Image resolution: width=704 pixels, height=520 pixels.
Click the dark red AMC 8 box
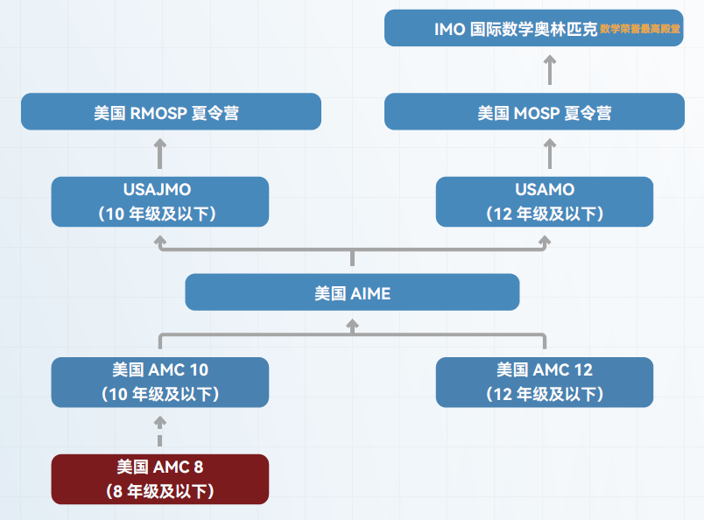point(159,479)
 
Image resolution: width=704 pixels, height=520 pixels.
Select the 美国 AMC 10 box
point(159,382)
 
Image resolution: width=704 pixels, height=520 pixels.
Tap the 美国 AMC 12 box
point(544,382)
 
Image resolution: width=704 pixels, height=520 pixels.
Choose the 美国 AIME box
point(352,293)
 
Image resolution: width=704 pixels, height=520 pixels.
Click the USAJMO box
point(159,201)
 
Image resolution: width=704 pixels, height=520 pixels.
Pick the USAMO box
point(544,201)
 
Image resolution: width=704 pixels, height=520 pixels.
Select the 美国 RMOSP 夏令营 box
point(171,112)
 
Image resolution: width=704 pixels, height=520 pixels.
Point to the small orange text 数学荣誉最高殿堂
point(640,29)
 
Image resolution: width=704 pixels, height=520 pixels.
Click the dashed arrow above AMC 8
point(159,431)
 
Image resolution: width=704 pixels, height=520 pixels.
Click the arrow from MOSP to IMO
point(549,69)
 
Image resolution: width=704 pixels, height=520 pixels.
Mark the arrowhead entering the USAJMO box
point(159,239)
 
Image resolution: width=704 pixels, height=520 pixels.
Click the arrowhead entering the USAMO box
point(544,239)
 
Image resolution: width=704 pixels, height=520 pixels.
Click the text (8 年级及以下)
point(159,491)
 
